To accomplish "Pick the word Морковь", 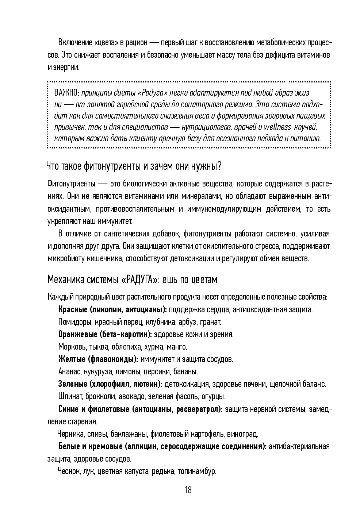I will pyautogui.click(x=70, y=347).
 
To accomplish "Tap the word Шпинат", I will pyautogui.click(x=69, y=396).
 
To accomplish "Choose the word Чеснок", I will pyautogui.click(x=69, y=471).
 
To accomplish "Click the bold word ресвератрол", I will pyautogui.click(x=199, y=409).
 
